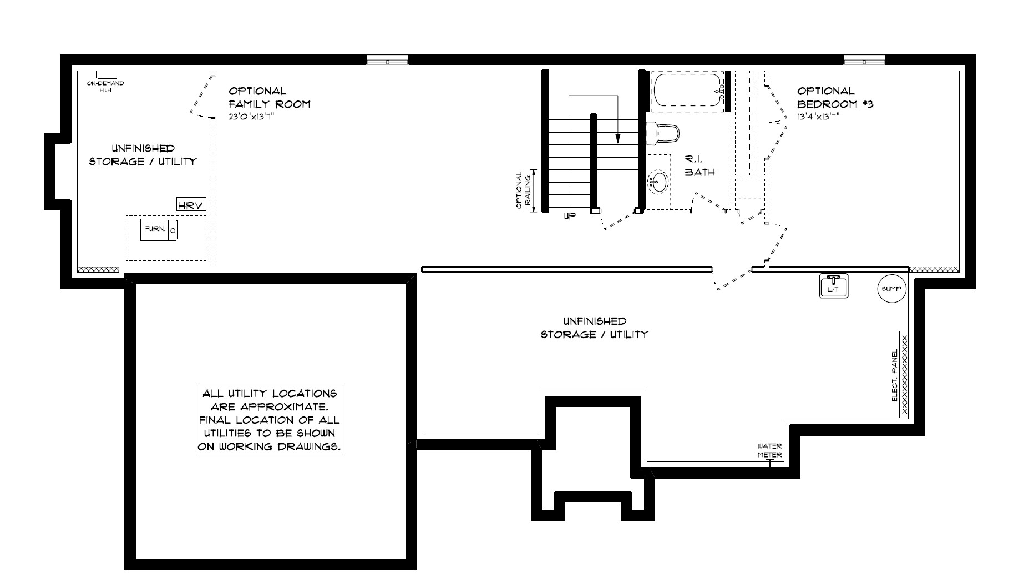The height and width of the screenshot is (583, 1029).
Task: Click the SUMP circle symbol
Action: click(x=891, y=289)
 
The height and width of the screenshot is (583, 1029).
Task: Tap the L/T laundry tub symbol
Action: click(x=833, y=286)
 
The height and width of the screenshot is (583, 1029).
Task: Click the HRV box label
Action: click(x=191, y=205)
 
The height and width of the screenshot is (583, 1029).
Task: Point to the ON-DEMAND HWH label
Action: click(x=105, y=87)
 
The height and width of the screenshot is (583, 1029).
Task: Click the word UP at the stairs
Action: click(x=570, y=217)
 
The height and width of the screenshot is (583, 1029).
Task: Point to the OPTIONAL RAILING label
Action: click(x=523, y=190)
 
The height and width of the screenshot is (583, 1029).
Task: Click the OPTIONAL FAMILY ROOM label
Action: click(x=270, y=97)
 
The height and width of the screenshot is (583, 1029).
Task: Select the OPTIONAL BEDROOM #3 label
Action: click(x=835, y=97)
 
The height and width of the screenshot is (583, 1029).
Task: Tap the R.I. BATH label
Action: click(x=699, y=165)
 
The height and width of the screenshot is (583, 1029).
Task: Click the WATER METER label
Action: click(x=770, y=450)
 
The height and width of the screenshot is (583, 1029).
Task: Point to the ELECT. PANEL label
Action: click(x=894, y=376)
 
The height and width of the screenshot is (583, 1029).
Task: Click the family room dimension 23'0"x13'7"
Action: click(x=252, y=117)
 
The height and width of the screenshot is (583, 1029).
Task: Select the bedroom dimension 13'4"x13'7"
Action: click(x=819, y=117)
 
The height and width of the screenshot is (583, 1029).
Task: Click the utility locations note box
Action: click(x=271, y=420)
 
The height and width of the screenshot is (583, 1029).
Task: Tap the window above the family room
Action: click(x=387, y=59)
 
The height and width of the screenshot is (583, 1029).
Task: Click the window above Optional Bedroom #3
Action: click(x=864, y=59)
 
